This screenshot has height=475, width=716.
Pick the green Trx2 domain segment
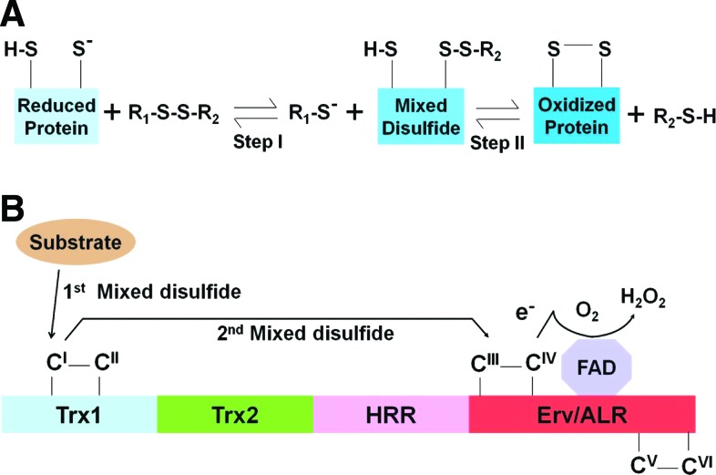235,414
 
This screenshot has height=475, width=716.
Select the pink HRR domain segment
391,414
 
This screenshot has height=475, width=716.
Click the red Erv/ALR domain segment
582,414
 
